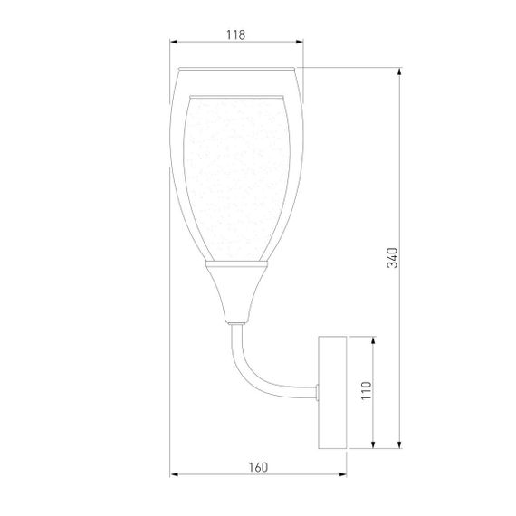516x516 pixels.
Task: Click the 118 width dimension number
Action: coord(235,34)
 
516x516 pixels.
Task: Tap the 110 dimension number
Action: coord(366,390)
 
